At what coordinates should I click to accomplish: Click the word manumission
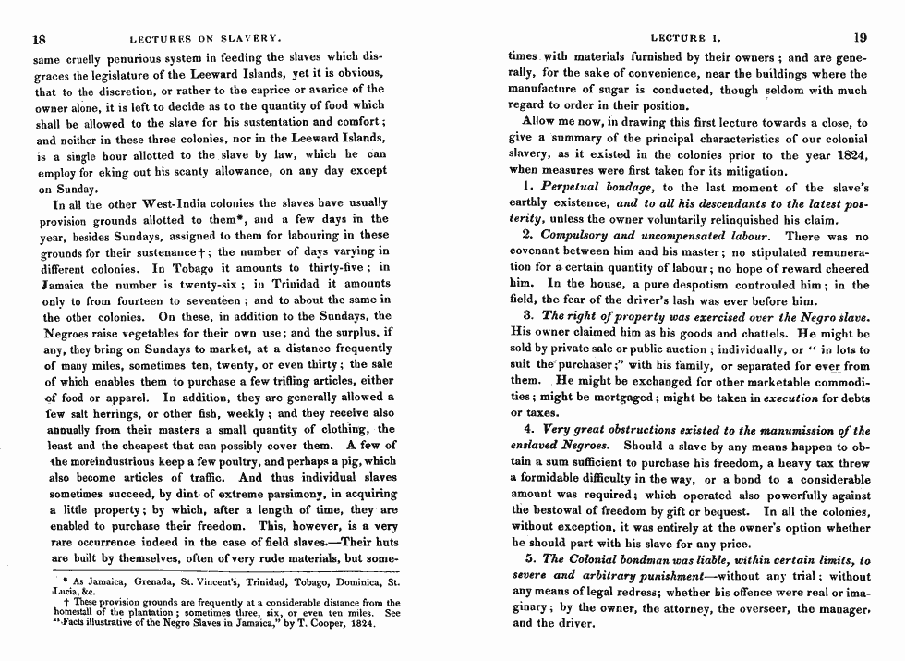tap(796, 431)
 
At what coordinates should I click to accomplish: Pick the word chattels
tap(710, 333)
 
